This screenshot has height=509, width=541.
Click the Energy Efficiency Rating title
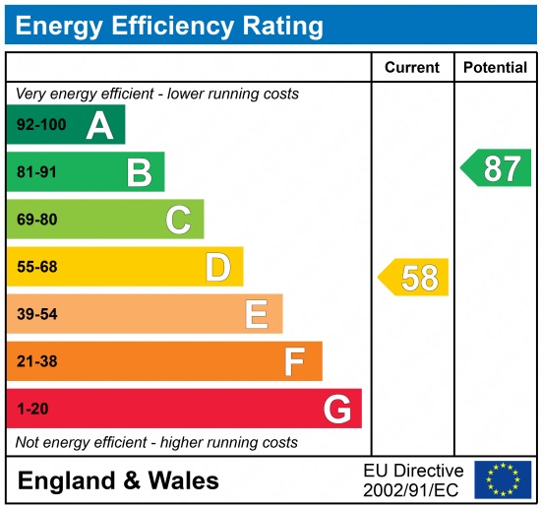[x=169, y=25]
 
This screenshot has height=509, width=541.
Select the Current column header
[x=411, y=68]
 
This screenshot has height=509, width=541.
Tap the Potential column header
[x=495, y=68]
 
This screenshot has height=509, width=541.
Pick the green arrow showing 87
[x=498, y=168]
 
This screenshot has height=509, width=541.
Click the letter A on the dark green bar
[x=98, y=125]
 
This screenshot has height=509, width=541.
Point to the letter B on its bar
[x=139, y=173]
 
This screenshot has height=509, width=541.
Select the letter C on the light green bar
[x=178, y=220]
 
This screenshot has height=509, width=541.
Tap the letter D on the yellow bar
[x=217, y=267]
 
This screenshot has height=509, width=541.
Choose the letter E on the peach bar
[x=257, y=314]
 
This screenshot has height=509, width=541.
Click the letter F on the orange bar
[x=294, y=361]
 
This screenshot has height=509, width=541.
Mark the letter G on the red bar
[x=337, y=409]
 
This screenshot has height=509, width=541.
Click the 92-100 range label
[x=39, y=125]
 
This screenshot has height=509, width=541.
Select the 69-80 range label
[x=36, y=220]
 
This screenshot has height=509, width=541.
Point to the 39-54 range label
[x=36, y=314]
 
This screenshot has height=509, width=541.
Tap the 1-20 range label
[x=32, y=409]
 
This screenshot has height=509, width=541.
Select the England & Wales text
[x=118, y=480]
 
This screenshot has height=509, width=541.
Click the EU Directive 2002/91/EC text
[x=413, y=479]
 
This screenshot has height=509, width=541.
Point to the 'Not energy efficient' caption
[x=156, y=442]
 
